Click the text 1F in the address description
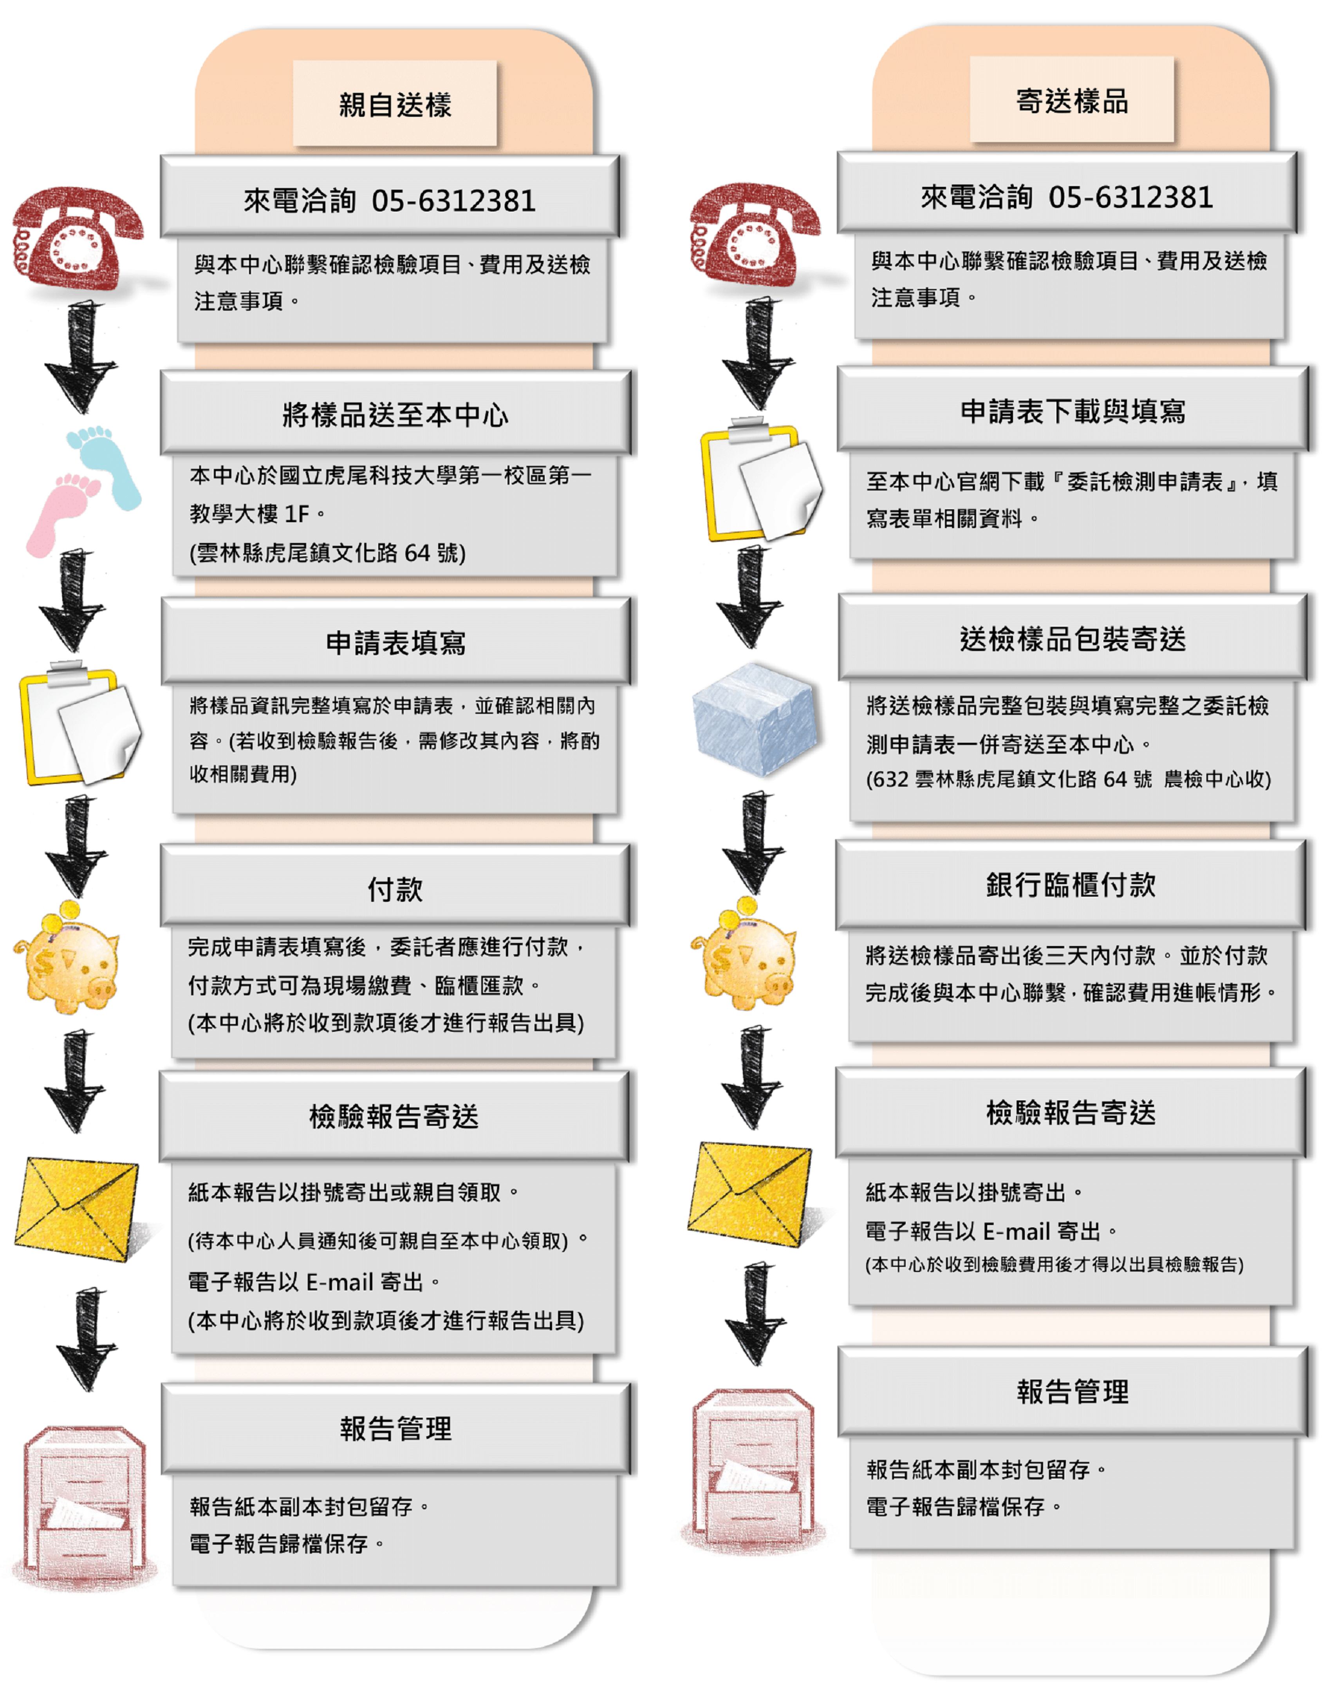[296, 514]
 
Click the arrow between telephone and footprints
[81, 356]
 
